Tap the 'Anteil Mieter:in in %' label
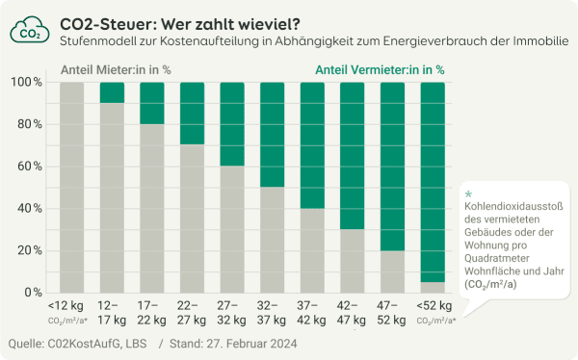coord(116,69)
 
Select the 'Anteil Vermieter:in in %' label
coord(380,69)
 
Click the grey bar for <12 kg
coord(72,187)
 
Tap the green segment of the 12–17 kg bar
coord(112,92)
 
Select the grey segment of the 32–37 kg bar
coord(273,239)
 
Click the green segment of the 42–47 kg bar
coord(353,155)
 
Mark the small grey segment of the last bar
coord(433,287)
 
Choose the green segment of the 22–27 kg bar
coord(193,114)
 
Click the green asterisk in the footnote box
coord(468,194)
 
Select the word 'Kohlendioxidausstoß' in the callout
coord(513,209)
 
